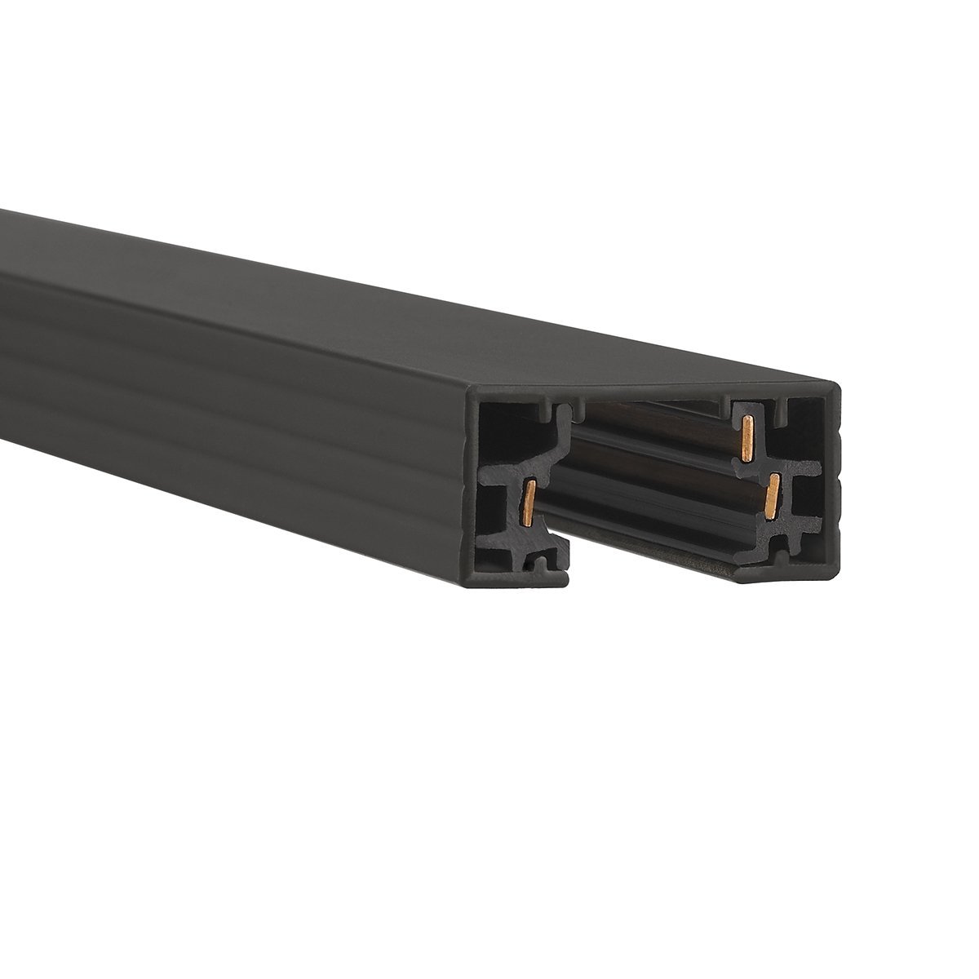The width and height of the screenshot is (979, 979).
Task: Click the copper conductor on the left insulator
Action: pos(530,501)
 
